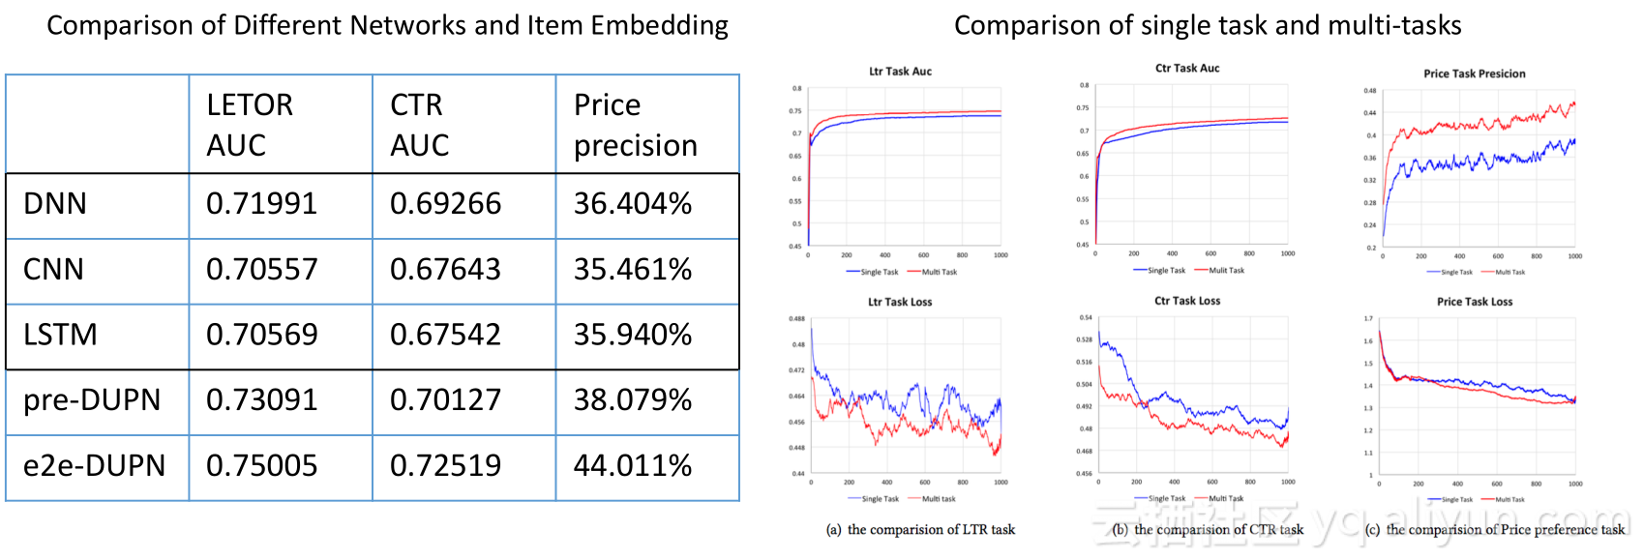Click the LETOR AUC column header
pos(250,125)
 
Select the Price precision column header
pos(635,125)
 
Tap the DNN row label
pos(55,204)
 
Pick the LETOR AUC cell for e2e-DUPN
pos(261,466)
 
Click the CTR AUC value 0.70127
pos(445,400)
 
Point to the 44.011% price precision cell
pos(633,466)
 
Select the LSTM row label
pos(60,335)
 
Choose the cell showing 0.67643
pos(445,270)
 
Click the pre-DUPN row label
pos(92,400)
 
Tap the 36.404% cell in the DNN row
pos(633,204)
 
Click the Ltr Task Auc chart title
pos(900,72)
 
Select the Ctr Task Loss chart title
pos(1187,301)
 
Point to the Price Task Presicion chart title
pos(1474,74)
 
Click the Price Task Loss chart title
pos(1474,302)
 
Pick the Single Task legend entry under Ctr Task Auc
pos(1166,271)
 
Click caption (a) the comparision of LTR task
pos(920,530)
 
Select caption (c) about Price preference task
pos(1494,530)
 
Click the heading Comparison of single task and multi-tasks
pos(1208,26)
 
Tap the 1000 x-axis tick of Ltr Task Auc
pos(1001,255)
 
